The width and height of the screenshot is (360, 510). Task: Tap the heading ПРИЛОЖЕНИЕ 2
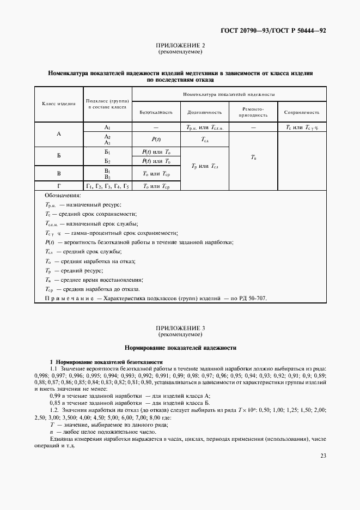(x=180, y=46)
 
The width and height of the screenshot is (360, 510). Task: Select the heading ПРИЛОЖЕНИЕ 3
(x=180, y=329)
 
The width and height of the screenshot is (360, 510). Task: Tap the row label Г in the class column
(x=59, y=186)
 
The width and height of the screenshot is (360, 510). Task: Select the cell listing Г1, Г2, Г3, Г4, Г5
(x=107, y=186)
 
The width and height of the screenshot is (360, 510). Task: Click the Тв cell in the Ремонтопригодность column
(x=253, y=157)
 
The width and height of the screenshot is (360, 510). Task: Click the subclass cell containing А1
(x=107, y=126)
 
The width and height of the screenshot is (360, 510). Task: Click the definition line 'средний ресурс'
(x=74, y=270)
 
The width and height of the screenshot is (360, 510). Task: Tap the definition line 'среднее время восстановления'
(x=86, y=280)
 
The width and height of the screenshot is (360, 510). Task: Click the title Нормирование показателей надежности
(x=180, y=347)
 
